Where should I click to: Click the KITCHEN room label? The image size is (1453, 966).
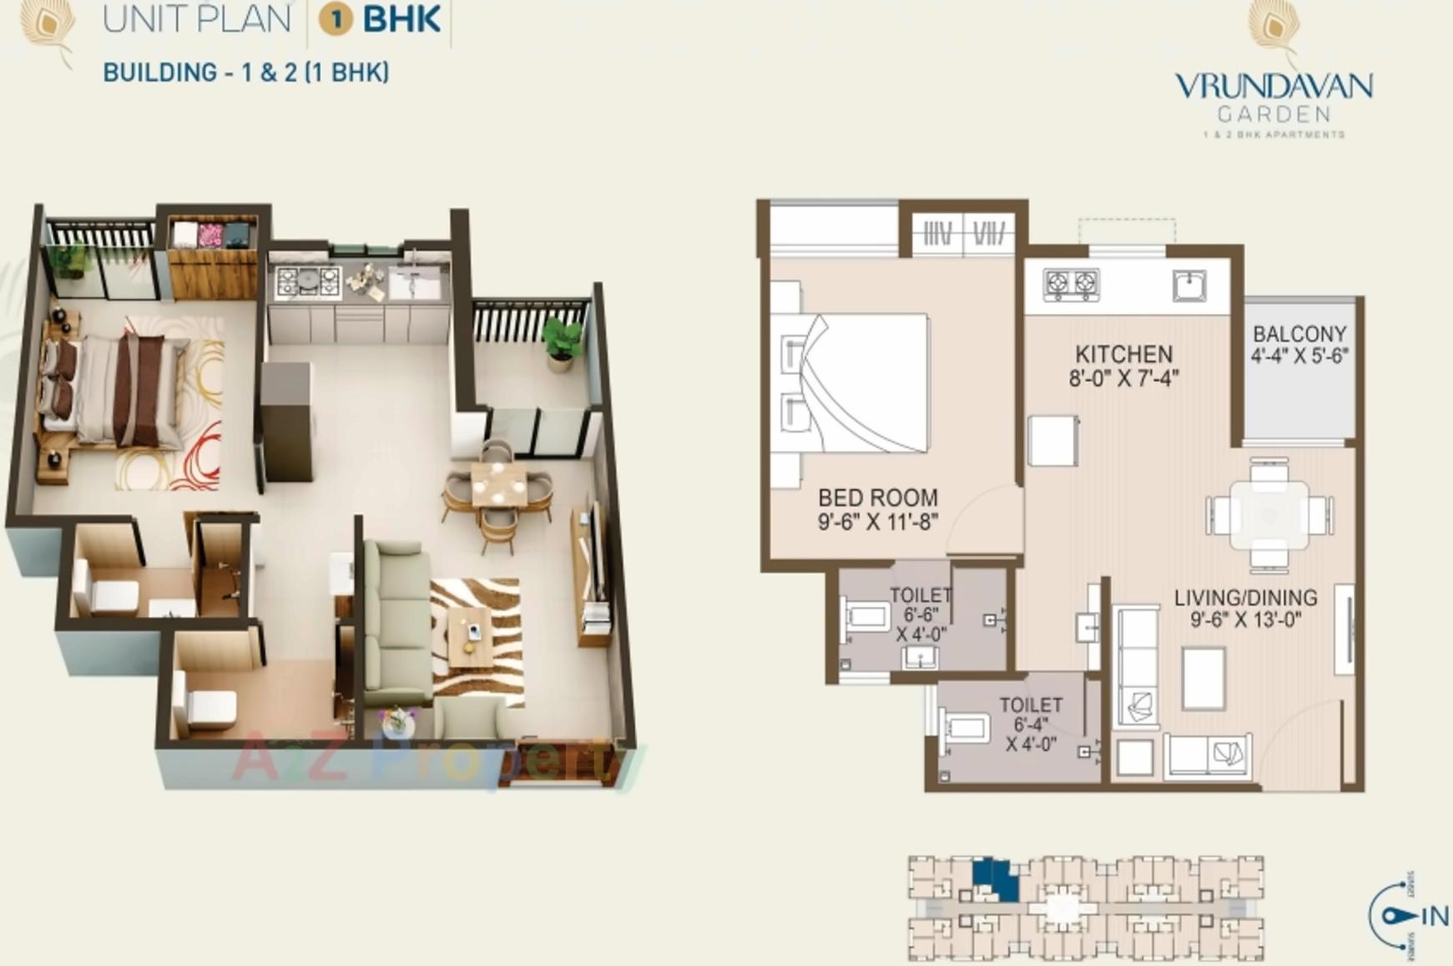pyautogui.click(x=1123, y=354)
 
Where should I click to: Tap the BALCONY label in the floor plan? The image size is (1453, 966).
pyautogui.click(x=1299, y=334)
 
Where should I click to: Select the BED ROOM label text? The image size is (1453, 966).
pyautogui.click(x=878, y=498)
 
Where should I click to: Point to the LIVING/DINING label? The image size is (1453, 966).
pyautogui.click(x=1245, y=598)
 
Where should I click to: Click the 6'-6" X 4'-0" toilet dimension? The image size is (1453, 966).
pyautogui.click(x=921, y=625)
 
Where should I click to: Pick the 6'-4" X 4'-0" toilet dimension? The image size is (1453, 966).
pyautogui.click(x=1032, y=734)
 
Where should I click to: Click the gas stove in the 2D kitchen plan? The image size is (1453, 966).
pyautogui.click(x=1071, y=285)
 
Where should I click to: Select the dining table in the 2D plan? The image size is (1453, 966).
pyautogui.click(x=1269, y=515)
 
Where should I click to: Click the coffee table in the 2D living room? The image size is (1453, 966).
pyautogui.click(x=1203, y=677)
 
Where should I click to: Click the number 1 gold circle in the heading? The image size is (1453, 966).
pyautogui.click(x=336, y=19)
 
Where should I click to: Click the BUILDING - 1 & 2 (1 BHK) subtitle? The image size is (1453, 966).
pyautogui.click(x=246, y=73)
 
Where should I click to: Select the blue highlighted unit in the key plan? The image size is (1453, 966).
pyautogui.click(x=996, y=879)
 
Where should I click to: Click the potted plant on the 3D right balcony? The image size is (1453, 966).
pyautogui.click(x=561, y=343)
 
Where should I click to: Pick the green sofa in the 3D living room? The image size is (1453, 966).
pyautogui.click(x=396, y=618)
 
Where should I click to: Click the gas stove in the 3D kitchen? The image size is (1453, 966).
pyautogui.click(x=308, y=281)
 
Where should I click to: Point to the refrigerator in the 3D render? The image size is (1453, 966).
pyautogui.click(x=286, y=422)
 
